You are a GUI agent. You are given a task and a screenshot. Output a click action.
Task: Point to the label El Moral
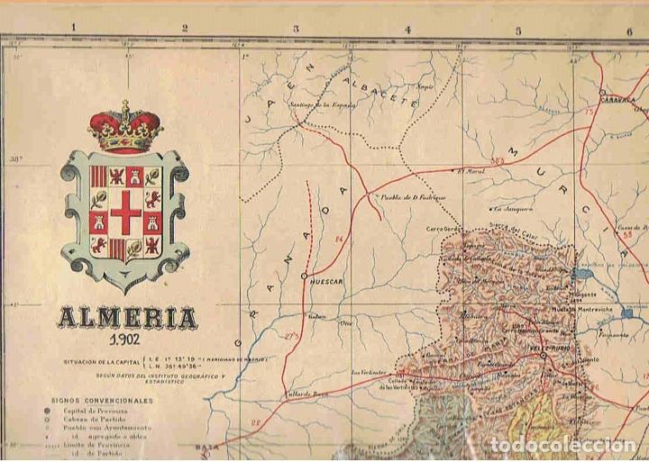coord(471,171)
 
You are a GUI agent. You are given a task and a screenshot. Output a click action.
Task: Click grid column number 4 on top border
coord(407,29)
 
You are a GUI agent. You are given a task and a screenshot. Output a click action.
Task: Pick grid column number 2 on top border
coord(184,29)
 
